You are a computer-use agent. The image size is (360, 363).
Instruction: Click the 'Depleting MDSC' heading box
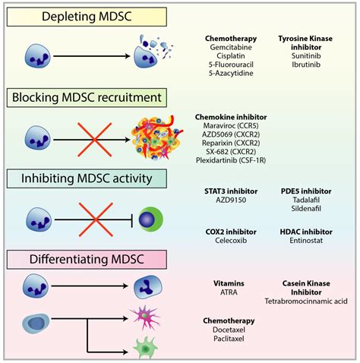pos(87,17)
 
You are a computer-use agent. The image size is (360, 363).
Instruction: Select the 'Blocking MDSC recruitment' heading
pos(87,98)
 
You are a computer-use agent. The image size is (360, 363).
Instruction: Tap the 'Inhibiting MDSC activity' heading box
pos(87,178)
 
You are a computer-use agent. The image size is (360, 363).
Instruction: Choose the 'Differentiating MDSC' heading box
pos(87,260)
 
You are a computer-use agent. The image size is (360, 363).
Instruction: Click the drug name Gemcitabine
pos(231,47)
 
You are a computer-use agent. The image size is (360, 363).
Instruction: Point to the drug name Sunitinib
pos(306,55)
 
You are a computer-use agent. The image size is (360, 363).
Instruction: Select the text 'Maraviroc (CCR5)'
pos(231,125)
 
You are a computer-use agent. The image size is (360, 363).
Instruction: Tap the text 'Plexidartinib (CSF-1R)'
pos(231,160)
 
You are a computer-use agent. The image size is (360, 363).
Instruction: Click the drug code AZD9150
pos(231,200)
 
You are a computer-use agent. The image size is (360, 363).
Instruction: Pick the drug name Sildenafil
pos(306,209)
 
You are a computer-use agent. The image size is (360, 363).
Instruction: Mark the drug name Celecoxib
pos(231,241)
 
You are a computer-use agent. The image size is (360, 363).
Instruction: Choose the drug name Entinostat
pos(306,241)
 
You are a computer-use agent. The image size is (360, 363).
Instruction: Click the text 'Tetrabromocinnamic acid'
pos(306,301)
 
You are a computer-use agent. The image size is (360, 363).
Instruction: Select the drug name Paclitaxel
pos(229,339)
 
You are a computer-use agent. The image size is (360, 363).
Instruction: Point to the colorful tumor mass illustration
pos(156,137)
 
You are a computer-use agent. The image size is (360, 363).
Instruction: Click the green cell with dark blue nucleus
pos(151,219)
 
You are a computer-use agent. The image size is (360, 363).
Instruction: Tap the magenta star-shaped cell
pos(144,317)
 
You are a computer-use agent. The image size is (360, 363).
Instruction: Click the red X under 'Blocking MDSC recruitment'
pos(94,140)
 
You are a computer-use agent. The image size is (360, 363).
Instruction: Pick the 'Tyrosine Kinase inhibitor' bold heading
pos(305,43)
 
